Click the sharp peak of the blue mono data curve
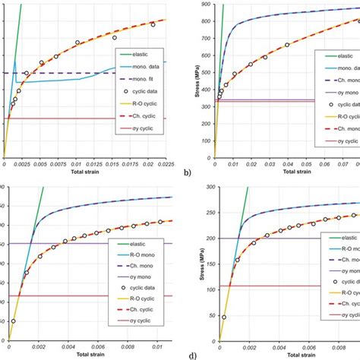pyautogui.click(x=14, y=62)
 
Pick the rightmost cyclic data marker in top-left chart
pyautogui.click(x=153, y=25)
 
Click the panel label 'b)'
pyautogui.click(x=187, y=173)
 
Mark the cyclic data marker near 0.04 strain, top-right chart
pyautogui.click(x=287, y=46)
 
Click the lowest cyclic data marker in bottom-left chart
pyautogui.click(x=14, y=321)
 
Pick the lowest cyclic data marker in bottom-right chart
pyautogui.click(x=224, y=317)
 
